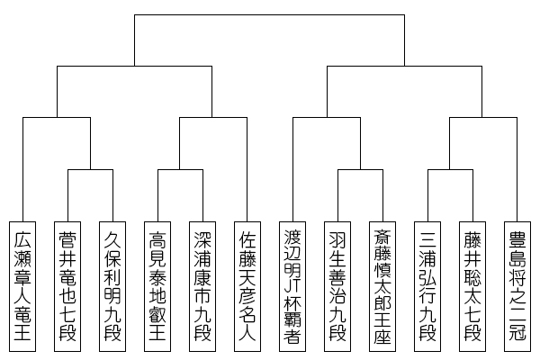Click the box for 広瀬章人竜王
(x=22, y=285)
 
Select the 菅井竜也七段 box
(x=67, y=285)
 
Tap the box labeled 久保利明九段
(x=112, y=285)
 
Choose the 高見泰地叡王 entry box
(x=157, y=285)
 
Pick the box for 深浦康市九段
(x=202, y=285)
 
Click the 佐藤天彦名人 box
(x=247, y=285)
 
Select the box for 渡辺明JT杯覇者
(x=292, y=285)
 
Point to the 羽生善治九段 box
(x=337, y=285)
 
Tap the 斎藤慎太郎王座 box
(x=382, y=285)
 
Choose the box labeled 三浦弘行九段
(x=427, y=285)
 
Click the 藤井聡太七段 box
(x=472, y=285)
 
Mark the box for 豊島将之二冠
(x=517, y=285)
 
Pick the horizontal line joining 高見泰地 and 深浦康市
(x=180, y=167)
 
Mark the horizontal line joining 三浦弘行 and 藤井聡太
(x=450, y=167)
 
